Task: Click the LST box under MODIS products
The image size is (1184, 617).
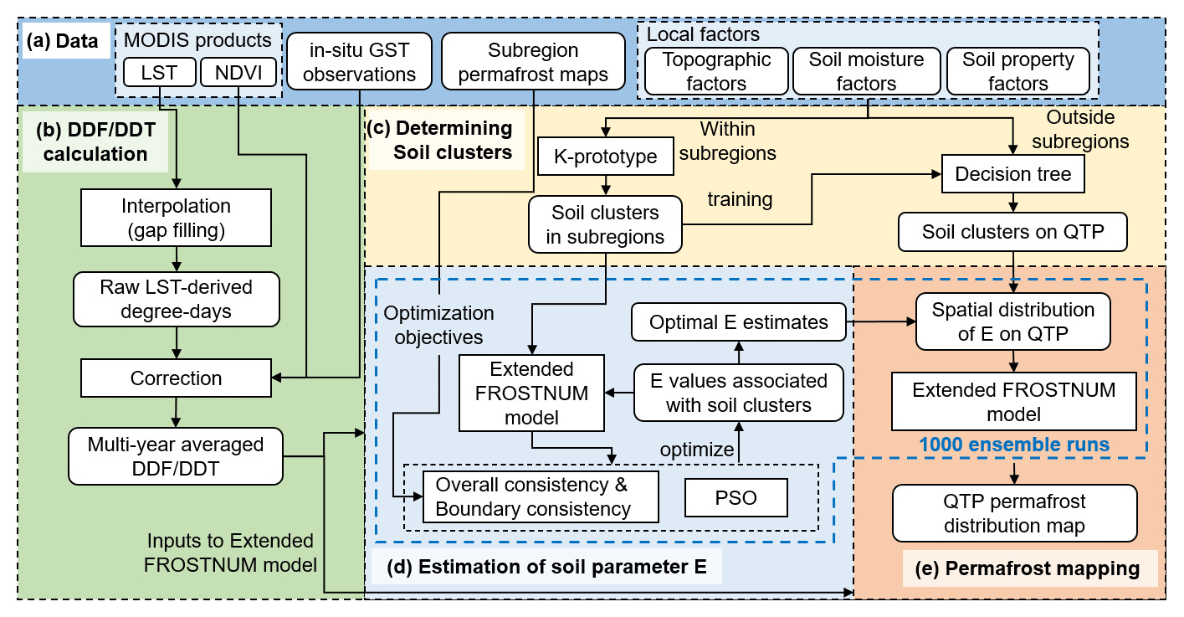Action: coord(159,73)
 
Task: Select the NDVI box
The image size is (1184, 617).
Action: coord(238,73)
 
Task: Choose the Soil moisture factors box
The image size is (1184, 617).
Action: coord(866,71)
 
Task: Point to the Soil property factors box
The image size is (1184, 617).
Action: coord(1017,71)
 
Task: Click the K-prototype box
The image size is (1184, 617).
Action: coord(605,157)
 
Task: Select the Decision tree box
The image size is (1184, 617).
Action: coord(1012,174)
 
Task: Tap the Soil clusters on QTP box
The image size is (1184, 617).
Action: coord(1012,231)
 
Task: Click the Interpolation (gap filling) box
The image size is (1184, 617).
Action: coord(176,217)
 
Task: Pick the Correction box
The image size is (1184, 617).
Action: coord(176,378)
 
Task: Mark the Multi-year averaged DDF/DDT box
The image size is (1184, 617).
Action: coord(176,456)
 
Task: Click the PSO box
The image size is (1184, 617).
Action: coord(736,497)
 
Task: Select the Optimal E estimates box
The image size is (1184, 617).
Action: coord(738,322)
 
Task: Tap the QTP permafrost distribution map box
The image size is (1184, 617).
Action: coord(1014,513)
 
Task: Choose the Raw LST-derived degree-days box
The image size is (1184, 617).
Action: coord(176,299)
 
